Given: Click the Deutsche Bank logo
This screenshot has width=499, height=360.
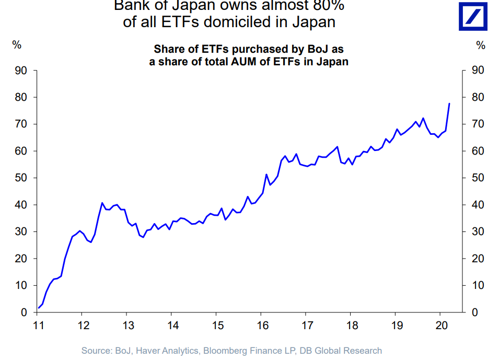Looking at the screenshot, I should click(473, 16).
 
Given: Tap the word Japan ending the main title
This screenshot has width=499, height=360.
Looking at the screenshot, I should click(313, 22).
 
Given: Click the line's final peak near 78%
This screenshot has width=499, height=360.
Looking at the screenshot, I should click(449, 103).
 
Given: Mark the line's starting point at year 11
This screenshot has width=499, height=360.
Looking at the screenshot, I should click(38, 308).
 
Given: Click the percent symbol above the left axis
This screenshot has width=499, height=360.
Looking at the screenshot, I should click(17, 45).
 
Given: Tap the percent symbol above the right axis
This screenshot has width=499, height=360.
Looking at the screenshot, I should click(481, 45).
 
